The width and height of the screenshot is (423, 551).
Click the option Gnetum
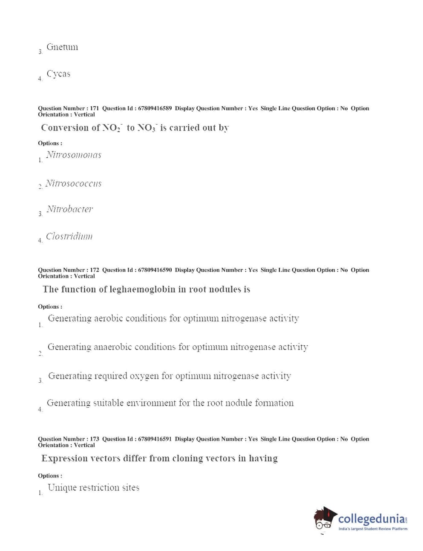62,47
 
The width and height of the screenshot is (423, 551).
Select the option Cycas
58,74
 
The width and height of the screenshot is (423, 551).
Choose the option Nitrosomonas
74,155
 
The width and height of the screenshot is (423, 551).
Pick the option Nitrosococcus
73,184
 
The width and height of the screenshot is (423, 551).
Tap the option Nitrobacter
69,209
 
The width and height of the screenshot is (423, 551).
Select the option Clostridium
69,236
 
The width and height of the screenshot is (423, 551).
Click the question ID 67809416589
155,108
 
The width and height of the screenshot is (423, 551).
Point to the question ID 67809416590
155,270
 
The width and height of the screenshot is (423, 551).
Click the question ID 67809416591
155,439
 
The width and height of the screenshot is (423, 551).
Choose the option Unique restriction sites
93,488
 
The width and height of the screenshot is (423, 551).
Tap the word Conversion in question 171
65,128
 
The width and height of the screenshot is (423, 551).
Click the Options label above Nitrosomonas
50,143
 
